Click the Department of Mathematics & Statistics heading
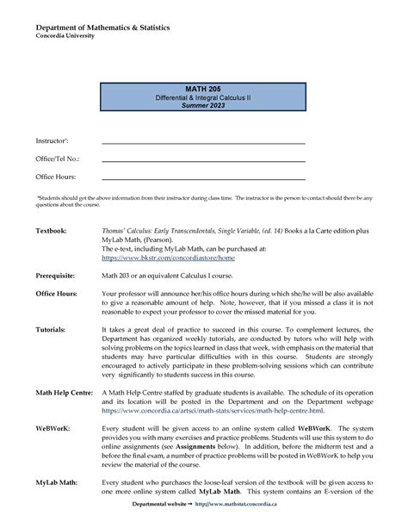pyautogui.click(x=102, y=28)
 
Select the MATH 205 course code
pyautogui.click(x=204, y=90)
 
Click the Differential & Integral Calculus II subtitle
pyautogui.click(x=204, y=98)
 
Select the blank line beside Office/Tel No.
pyautogui.click(x=203, y=160)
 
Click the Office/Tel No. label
pyautogui.click(x=57, y=159)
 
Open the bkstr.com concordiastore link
pyautogui.click(x=168, y=257)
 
